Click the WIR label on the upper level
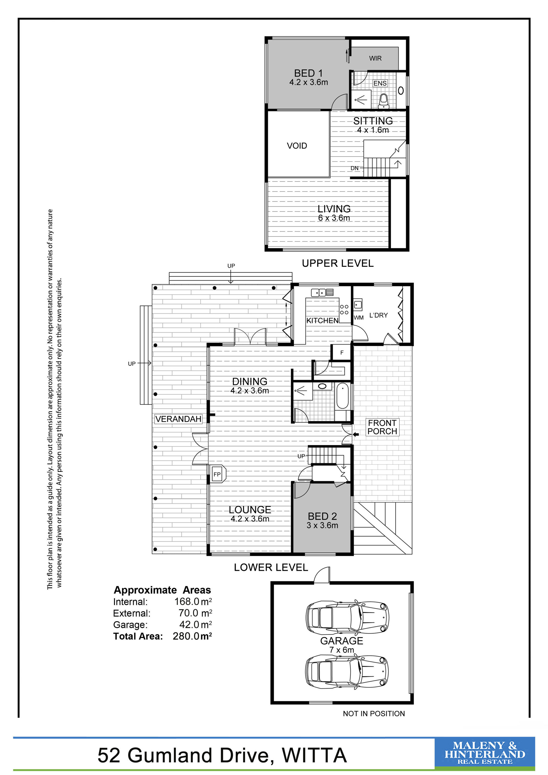click(x=375, y=58)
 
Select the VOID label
click(x=297, y=146)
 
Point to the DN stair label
click(x=354, y=168)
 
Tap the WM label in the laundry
click(x=359, y=318)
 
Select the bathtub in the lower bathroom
click(x=343, y=396)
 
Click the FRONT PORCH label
click(x=382, y=427)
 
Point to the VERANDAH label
click(x=178, y=419)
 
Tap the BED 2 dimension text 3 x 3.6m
click(x=322, y=525)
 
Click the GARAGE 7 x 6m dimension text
click(x=342, y=650)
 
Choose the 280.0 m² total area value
click(x=192, y=636)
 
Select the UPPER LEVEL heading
click(x=338, y=263)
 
